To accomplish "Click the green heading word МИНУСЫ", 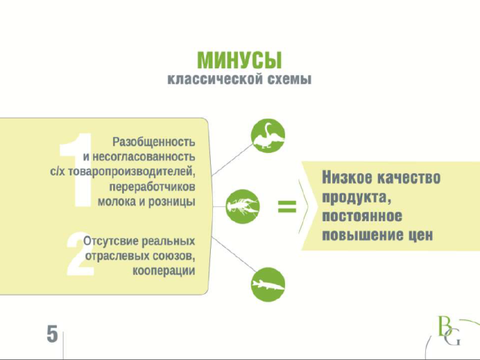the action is [239, 60].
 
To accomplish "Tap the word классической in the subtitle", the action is [215, 79].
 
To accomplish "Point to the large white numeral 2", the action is [80, 253].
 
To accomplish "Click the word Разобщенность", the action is [154, 142].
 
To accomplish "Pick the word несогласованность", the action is [143, 157].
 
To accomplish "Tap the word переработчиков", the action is [152, 187].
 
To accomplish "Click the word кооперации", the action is [163, 271].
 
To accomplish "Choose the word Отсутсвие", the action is [111, 241].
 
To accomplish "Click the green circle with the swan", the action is [268, 136].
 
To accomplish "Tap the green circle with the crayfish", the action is [242, 206].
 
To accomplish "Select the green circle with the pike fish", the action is [268, 284].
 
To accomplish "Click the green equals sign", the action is [286, 206].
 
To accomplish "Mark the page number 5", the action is [52, 334].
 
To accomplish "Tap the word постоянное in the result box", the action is [361, 216].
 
